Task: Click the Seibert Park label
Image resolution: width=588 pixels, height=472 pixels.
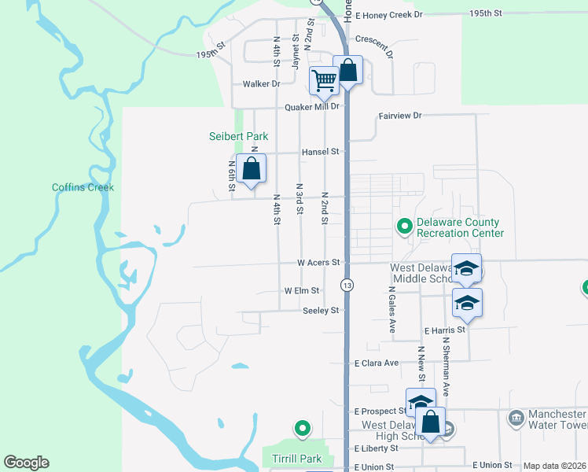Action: [x=238, y=136]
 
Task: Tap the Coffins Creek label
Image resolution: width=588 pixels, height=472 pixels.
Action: [x=83, y=187]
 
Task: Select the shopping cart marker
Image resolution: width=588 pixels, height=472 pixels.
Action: [x=324, y=80]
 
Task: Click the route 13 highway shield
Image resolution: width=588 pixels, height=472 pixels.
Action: [x=347, y=284]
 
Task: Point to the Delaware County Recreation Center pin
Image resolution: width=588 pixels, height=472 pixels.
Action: [x=405, y=227]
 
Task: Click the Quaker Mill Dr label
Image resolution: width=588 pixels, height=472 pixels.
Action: [x=311, y=106]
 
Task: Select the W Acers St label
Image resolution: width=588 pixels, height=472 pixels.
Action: [x=318, y=262]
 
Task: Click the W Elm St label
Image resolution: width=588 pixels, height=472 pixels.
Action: [x=302, y=290]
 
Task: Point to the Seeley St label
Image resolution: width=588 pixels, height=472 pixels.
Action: [x=320, y=311]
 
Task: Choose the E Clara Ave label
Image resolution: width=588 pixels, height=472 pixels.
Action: [x=377, y=363]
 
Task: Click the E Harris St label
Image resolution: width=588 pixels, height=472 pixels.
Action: [x=444, y=330]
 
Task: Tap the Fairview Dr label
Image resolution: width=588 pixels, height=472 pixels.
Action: [x=400, y=116]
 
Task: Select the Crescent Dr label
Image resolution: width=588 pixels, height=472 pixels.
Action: [x=373, y=39]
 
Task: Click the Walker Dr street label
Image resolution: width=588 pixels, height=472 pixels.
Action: [x=262, y=83]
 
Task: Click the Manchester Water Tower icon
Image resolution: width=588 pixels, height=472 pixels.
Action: [x=516, y=416]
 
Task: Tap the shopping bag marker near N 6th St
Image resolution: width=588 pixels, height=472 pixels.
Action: [x=251, y=169]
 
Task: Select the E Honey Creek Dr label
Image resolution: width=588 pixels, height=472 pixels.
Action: [x=389, y=14]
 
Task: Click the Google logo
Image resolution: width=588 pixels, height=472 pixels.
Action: [x=26, y=463]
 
